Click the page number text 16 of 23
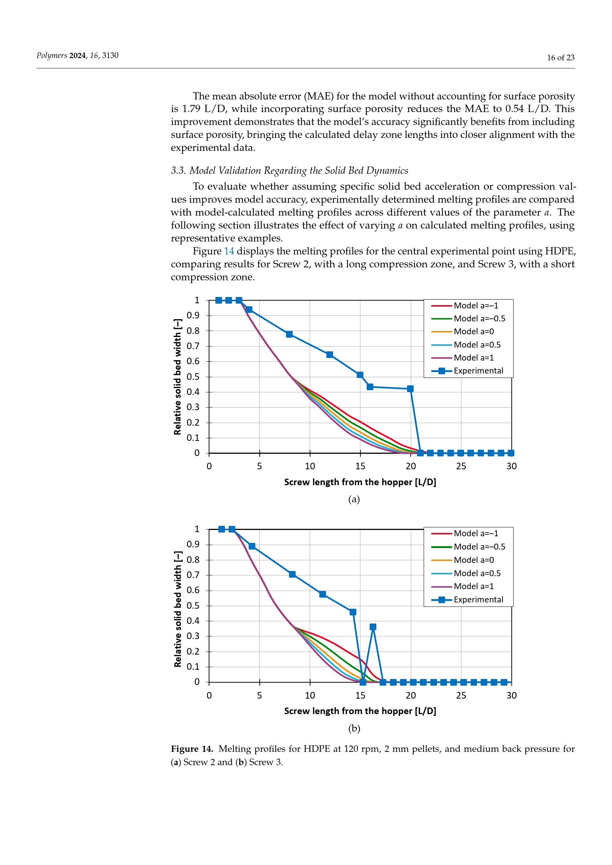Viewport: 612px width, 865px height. [x=560, y=58]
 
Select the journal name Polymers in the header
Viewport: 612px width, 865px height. [x=52, y=56]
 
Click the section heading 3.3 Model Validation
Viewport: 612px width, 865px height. [x=289, y=170]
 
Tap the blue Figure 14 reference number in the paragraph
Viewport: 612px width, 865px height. [x=229, y=251]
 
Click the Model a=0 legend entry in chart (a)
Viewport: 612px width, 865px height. [x=463, y=331]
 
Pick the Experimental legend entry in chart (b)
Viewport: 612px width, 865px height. [x=467, y=599]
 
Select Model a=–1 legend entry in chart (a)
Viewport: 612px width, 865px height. [x=465, y=305]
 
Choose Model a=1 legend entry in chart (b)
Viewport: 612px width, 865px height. [x=463, y=586]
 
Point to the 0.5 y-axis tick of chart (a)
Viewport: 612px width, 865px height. [x=193, y=377]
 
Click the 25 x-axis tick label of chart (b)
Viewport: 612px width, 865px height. [x=461, y=696]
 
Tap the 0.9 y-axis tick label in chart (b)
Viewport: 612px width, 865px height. [x=193, y=544]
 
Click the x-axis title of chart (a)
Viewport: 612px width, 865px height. [x=360, y=482]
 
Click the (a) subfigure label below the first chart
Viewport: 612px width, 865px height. [x=354, y=500]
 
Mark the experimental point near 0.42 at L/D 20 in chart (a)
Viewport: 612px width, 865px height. [x=410, y=389]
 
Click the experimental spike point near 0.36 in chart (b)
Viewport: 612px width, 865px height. [x=373, y=627]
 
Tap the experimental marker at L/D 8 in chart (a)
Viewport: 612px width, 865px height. [x=289, y=335]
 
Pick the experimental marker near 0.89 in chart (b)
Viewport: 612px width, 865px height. [x=252, y=546]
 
